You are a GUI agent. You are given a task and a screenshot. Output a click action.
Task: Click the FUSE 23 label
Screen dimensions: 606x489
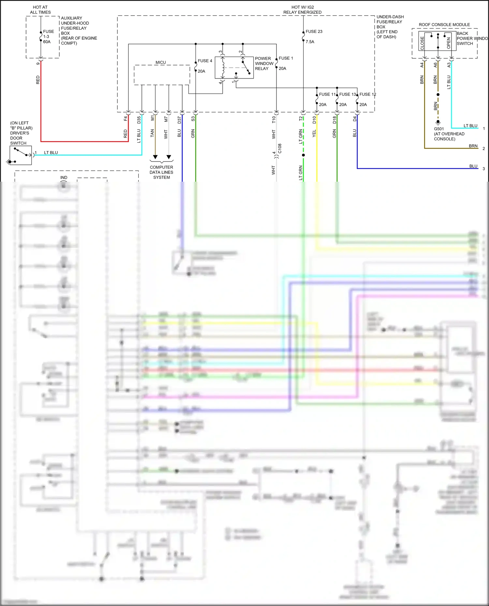(x=314, y=32)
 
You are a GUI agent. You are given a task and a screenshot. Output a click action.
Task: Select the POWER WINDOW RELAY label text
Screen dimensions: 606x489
(x=264, y=63)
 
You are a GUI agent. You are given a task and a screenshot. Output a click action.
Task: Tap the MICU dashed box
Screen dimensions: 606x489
(x=162, y=75)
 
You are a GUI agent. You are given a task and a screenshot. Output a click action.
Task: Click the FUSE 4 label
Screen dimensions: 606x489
(x=205, y=61)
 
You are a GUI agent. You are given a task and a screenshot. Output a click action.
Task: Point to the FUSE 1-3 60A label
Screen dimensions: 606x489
(x=48, y=36)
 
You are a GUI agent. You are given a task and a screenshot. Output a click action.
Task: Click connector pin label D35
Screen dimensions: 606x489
(x=139, y=120)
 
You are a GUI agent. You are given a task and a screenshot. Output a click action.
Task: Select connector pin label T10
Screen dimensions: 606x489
(x=274, y=120)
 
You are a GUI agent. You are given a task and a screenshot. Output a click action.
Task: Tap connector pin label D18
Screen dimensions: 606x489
(x=334, y=120)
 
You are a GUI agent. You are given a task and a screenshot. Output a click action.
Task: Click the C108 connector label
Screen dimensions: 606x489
(x=280, y=148)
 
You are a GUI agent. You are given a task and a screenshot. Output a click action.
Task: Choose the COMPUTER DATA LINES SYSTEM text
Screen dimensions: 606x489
(x=161, y=172)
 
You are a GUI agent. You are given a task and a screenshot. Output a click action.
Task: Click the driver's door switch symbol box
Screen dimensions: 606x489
(x=21, y=155)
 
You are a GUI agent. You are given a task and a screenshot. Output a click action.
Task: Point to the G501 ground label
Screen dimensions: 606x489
(x=439, y=129)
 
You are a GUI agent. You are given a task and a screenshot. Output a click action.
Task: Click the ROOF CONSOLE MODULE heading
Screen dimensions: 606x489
(x=444, y=25)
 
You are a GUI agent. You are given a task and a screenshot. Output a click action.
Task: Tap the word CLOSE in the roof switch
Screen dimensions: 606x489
(x=422, y=43)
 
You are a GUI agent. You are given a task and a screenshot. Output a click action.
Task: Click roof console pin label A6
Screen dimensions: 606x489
(x=436, y=65)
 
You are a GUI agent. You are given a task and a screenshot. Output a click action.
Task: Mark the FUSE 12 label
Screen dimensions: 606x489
(x=367, y=94)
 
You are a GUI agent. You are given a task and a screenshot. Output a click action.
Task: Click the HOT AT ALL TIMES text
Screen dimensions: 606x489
(x=40, y=10)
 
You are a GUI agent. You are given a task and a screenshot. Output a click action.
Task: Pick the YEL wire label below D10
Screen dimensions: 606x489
(x=314, y=133)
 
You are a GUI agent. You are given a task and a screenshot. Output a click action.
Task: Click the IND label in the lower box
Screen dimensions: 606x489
(x=64, y=177)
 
